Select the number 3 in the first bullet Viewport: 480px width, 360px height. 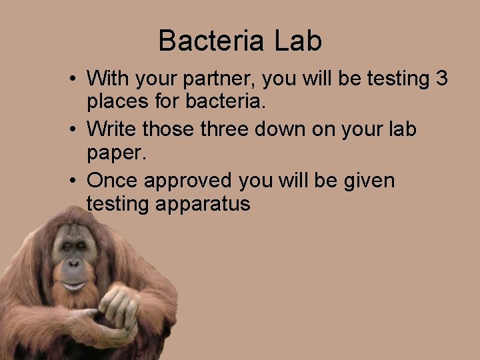tap(441, 79)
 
